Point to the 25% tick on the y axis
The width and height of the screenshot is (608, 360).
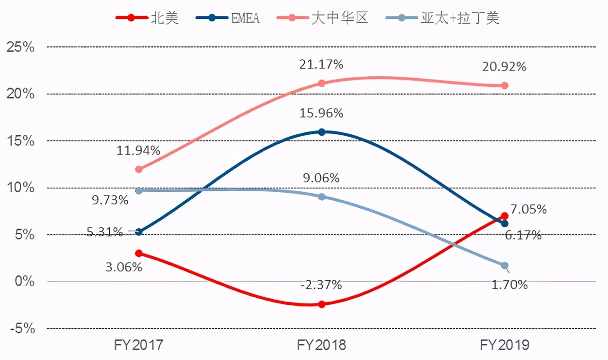pyautogui.click(x=20, y=47)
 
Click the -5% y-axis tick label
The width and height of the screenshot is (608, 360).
pyautogui.click(x=20, y=328)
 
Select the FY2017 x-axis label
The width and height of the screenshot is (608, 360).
pyautogui.click(x=139, y=345)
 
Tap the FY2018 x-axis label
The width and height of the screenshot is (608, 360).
pyautogui.click(x=321, y=345)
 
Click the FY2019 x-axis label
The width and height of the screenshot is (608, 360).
pyautogui.click(x=504, y=345)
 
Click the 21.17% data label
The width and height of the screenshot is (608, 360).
pyautogui.click(x=321, y=65)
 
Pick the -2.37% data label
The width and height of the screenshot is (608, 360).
pyautogui.click(x=321, y=285)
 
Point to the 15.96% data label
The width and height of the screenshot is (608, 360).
pyautogui.click(x=321, y=114)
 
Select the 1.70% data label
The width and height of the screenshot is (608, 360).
pyautogui.click(x=509, y=285)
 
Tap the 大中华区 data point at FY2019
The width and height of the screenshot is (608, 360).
pyautogui.click(x=504, y=85)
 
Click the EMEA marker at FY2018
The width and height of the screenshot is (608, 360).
pyautogui.click(x=321, y=132)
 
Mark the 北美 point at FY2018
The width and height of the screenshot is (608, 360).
pyautogui.click(x=321, y=304)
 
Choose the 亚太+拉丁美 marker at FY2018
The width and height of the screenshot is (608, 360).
pyautogui.click(x=321, y=196)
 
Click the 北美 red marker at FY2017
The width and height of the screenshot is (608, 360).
pyautogui.click(x=139, y=253)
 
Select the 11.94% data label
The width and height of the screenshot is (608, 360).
pyautogui.click(x=139, y=151)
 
